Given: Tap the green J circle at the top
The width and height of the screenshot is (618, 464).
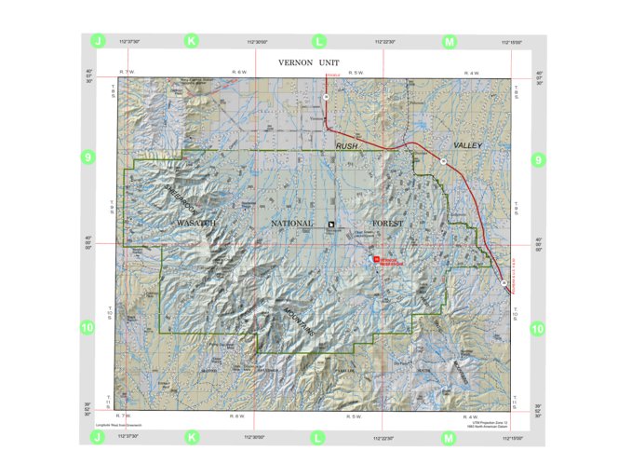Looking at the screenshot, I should [x=98, y=42].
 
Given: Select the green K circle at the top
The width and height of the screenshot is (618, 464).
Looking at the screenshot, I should [x=192, y=42].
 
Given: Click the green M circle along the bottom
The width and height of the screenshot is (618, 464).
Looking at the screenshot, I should [x=449, y=436].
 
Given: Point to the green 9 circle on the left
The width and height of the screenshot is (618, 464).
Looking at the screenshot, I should [x=88, y=158].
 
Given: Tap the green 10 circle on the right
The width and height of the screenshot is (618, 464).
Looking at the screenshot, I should [x=537, y=328].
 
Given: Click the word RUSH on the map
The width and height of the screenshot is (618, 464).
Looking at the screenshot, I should [x=346, y=145].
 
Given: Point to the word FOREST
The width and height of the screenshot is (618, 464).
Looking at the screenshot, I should [x=392, y=224].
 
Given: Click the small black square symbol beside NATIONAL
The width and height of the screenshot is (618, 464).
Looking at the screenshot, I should [x=330, y=224].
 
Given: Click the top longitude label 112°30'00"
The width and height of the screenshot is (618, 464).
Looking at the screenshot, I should [x=257, y=42].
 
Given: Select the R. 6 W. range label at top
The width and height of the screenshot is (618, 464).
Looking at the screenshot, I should [x=238, y=72].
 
